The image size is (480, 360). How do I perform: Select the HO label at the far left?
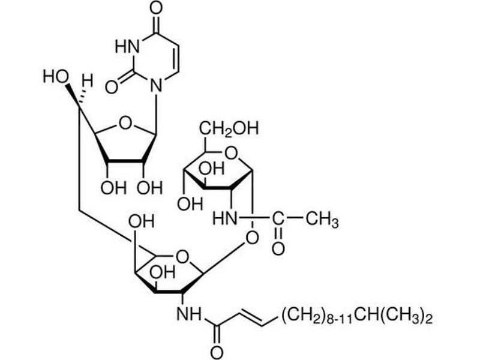tap(55, 77)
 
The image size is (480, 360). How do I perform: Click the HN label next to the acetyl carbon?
tap(223, 221)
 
